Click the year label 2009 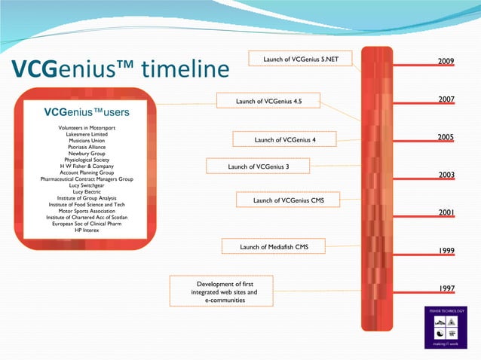click(x=446, y=60)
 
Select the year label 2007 click(x=446, y=99)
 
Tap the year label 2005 click(x=446, y=137)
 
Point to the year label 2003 click(x=446, y=175)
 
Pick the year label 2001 click(x=446, y=213)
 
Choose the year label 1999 click(x=446, y=251)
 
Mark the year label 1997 click(x=446, y=288)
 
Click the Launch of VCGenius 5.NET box click(x=300, y=59)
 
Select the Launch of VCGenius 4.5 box click(x=268, y=101)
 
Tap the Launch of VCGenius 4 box click(x=285, y=139)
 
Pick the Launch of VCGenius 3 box click(x=259, y=166)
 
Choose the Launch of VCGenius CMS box click(x=288, y=200)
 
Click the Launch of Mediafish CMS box click(x=274, y=246)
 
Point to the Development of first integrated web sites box click(x=221, y=291)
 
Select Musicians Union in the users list click(x=87, y=141)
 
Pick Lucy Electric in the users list click(x=87, y=191)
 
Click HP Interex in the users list click(x=87, y=230)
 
